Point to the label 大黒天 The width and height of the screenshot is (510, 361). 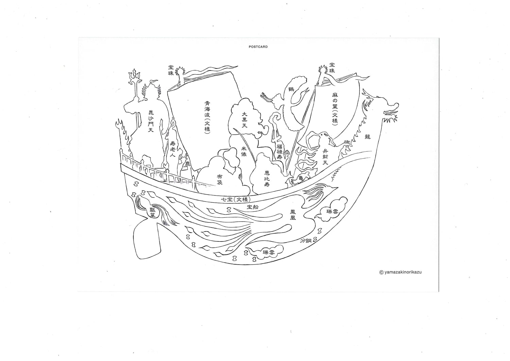point(244,120)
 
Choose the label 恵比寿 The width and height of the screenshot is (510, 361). point(267,179)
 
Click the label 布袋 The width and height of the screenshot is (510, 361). point(220,179)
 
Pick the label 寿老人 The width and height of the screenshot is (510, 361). point(173,149)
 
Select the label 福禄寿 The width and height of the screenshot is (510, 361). point(279,150)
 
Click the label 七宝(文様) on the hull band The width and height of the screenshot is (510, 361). point(235,200)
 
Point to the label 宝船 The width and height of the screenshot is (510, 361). point(253,207)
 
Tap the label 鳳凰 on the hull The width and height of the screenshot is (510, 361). point(292,215)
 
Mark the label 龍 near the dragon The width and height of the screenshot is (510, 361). point(367,137)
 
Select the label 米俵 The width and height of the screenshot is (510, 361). point(244,151)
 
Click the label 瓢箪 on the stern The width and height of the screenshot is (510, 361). point(153,212)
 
